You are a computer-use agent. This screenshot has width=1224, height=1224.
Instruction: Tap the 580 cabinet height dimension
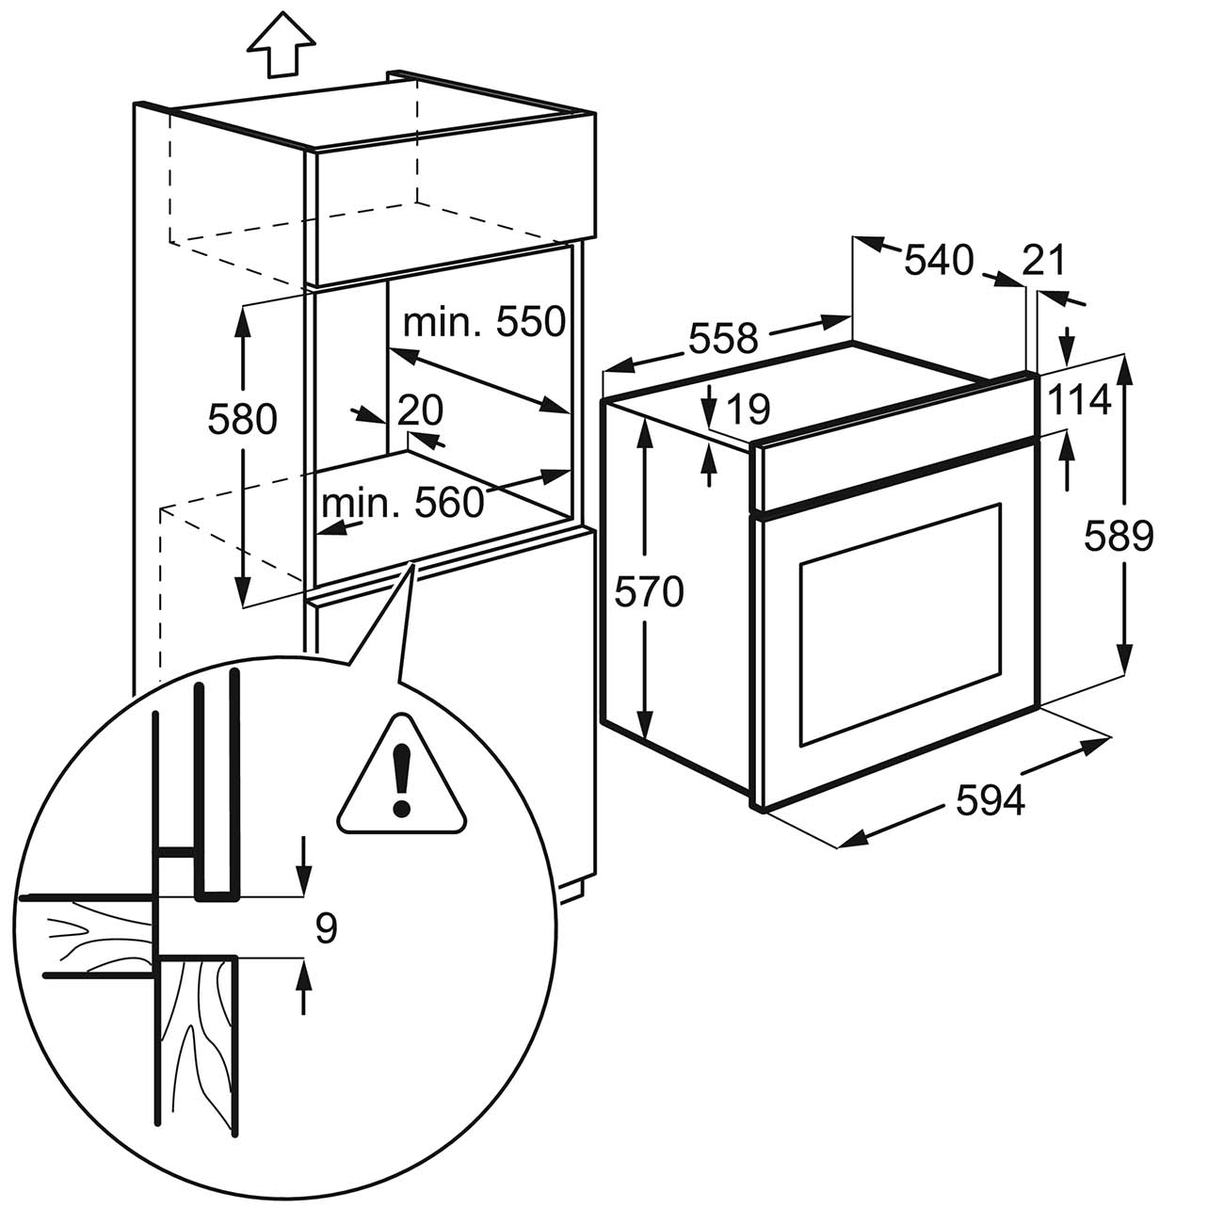point(242,419)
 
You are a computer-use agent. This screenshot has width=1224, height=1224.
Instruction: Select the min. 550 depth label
point(483,322)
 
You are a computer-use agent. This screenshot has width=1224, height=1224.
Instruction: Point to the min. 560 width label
point(402,504)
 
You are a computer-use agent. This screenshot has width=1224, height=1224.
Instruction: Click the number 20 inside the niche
point(420,410)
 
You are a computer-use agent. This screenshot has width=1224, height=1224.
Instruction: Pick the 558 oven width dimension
point(723,337)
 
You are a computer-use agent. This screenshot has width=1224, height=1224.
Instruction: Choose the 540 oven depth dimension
point(938,260)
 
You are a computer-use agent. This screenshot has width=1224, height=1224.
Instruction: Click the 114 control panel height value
point(1080,401)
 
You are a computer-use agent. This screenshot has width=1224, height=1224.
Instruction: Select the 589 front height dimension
point(1118,536)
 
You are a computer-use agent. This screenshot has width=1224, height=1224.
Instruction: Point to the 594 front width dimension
point(990,800)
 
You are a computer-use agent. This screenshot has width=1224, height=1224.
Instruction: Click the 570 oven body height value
point(648,592)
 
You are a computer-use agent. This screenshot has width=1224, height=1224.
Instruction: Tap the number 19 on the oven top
point(749,409)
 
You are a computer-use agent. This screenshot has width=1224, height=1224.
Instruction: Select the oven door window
point(899,622)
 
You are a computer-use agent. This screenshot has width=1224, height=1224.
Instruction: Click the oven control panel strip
point(894,470)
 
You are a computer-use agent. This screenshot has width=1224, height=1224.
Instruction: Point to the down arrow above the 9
point(303,866)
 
